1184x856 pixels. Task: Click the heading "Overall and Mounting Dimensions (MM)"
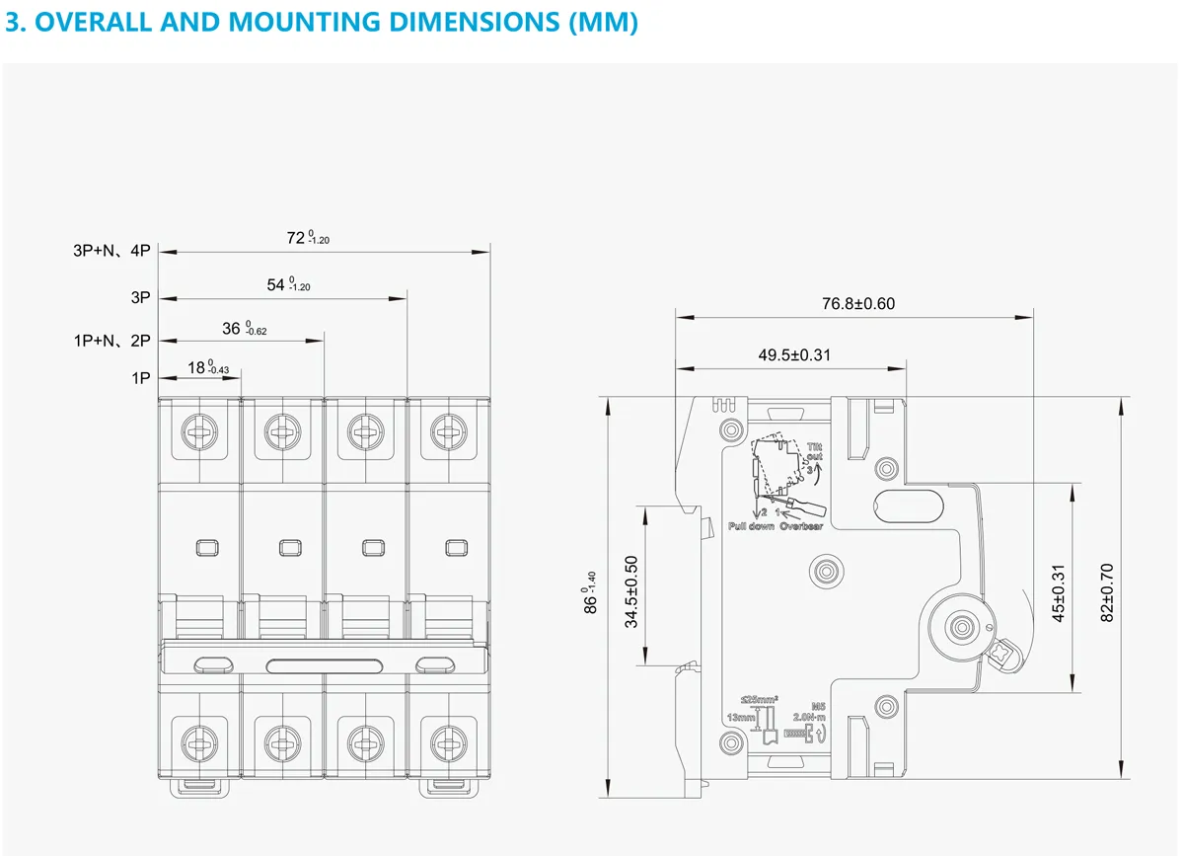[322, 23]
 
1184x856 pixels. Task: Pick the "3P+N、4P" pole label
[111, 251]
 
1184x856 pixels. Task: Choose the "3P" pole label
[139, 296]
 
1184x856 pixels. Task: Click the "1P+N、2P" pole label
[111, 341]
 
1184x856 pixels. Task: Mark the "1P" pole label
[140, 377]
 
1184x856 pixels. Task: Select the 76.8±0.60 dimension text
[858, 304]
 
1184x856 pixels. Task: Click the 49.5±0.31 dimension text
[794, 355]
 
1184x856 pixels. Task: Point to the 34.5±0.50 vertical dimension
[632, 590]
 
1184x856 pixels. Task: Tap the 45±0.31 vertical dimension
[1059, 591]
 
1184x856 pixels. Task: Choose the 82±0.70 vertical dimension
[1107, 591]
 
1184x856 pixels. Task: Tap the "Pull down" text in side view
[750, 526]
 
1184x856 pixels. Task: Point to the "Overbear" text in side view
[801, 526]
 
